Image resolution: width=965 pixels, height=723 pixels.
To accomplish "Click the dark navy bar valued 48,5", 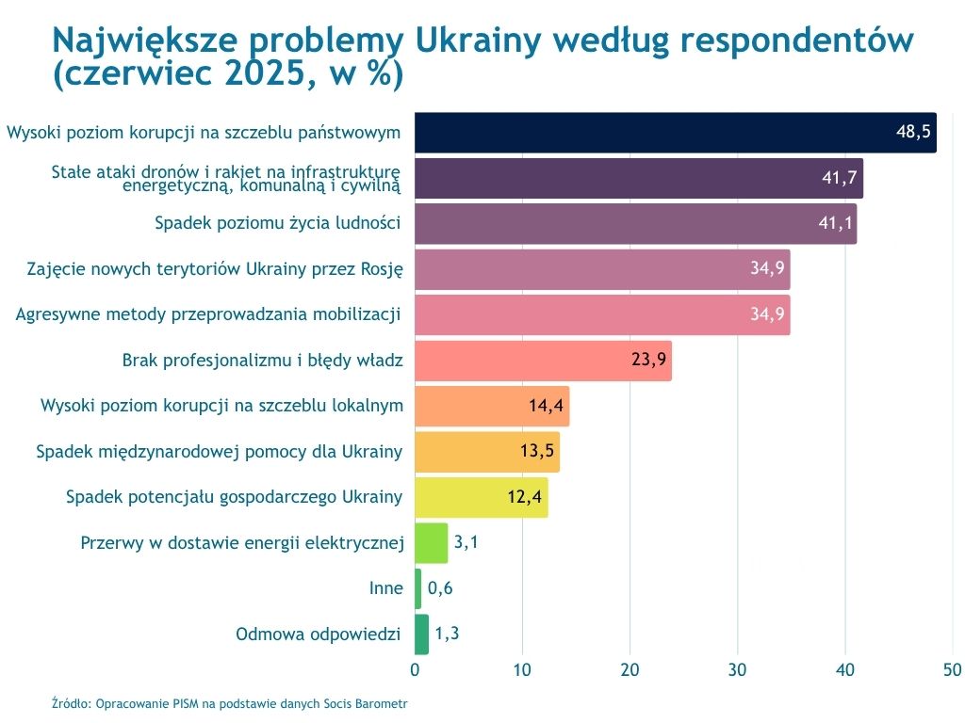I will (x=675, y=133).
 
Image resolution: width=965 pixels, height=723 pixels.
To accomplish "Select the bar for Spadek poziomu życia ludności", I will (x=635, y=224).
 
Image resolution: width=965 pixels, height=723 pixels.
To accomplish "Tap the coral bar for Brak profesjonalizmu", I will (x=543, y=361).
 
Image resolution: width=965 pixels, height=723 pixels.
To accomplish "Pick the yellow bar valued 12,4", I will (x=481, y=497).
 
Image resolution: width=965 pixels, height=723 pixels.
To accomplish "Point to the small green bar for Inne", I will (x=417, y=588).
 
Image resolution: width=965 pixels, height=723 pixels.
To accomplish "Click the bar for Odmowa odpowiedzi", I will (x=421, y=634).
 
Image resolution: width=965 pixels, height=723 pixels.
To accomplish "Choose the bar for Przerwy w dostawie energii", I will (x=431, y=542).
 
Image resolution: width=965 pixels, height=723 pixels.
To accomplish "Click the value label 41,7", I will (x=839, y=178).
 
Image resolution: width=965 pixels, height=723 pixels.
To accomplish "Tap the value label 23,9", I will (x=648, y=361).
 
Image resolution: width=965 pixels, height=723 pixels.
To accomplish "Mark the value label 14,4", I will (x=546, y=406).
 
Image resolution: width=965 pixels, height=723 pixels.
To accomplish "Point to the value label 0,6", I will (x=441, y=588).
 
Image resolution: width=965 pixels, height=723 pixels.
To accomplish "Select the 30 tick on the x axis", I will (x=737, y=670).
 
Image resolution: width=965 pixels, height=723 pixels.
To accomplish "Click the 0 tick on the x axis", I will (x=415, y=670).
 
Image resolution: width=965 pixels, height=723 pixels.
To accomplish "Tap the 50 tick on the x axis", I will (x=952, y=670).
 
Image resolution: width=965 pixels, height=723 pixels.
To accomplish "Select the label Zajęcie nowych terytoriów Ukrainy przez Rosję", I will (x=215, y=269).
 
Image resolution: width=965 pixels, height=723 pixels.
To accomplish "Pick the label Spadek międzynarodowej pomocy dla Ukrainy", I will (x=220, y=452).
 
